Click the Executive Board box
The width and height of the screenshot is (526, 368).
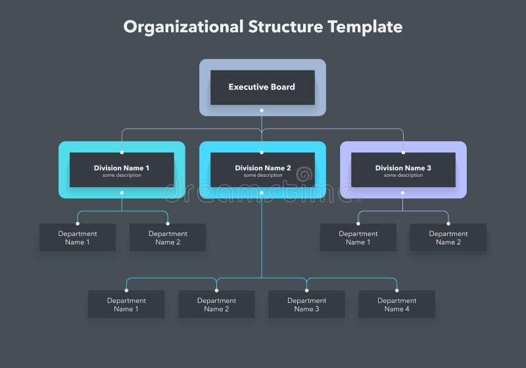click(262, 87)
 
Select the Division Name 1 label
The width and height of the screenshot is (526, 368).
click(122, 168)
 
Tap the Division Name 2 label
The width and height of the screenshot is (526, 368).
click(262, 168)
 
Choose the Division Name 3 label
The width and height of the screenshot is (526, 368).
click(403, 168)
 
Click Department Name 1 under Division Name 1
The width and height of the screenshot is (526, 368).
click(78, 238)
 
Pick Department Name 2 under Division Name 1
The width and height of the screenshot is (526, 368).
click(168, 238)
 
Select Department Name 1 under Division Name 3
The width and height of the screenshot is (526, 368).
click(358, 238)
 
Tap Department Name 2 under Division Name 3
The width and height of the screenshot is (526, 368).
click(448, 238)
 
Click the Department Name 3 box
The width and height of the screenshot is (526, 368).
click(306, 305)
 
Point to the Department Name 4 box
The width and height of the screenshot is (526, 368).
click(396, 305)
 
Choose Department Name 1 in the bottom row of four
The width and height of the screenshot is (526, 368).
click(126, 305)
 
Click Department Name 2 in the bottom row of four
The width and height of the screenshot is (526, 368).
click(216, 305)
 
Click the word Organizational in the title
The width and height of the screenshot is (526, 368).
click(183, 27)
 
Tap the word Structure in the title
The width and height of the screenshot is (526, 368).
click(286, 27)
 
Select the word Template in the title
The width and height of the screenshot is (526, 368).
click(365, 27)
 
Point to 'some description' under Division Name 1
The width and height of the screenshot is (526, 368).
click(122, 175)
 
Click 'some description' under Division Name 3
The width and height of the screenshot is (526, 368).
click(403, 175)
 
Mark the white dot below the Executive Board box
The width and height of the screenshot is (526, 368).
click(262, 118)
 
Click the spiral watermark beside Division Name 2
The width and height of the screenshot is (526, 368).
click(304, 175)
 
